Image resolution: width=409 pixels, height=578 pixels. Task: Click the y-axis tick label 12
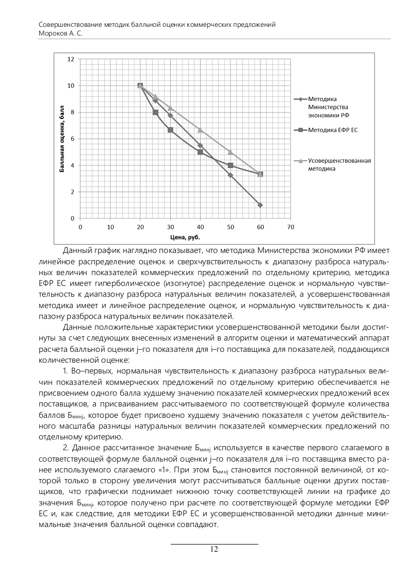pos(71,59)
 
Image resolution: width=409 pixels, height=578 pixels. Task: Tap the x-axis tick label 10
pos(110,227)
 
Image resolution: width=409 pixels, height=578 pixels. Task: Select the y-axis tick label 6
pos(73,139)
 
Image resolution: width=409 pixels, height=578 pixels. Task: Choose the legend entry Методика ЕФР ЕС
pos(333,130)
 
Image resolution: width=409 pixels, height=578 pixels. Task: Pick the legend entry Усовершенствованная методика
pos(339,164)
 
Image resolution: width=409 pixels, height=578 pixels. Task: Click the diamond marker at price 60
pos(260,205)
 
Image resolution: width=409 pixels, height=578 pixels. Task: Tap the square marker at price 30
pos(170,130)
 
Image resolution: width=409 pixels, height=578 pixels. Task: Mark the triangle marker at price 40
pos(200,130)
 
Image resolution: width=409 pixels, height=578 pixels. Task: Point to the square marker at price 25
pos(155,112)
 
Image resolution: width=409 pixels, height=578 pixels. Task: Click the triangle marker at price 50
pos(231,152)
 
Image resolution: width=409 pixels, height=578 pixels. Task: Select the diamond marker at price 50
pos(231,175)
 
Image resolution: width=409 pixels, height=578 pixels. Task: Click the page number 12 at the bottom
pos(214,549)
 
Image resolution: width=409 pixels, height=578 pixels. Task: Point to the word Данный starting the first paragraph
pos(76,250)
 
